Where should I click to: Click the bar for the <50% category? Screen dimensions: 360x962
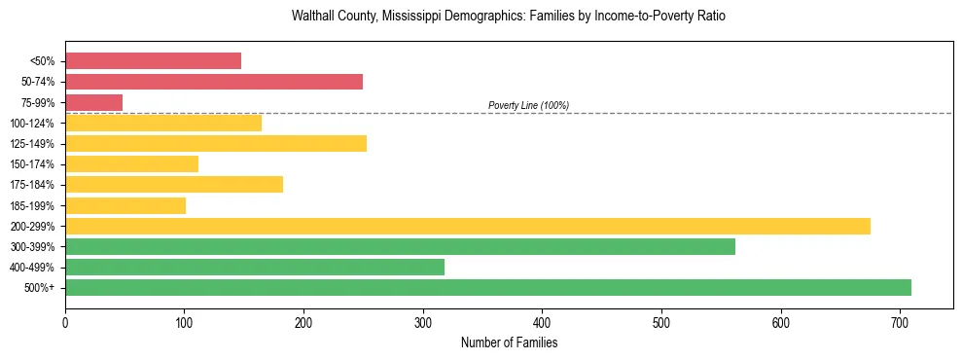[x=153, y=61]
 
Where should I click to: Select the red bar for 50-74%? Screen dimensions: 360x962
[x=214, y=82]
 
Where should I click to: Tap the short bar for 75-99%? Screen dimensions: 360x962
[x=93, y=102]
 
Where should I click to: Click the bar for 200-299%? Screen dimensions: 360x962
[x=468, y=227]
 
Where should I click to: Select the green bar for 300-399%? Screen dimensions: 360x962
[x=400, y=247]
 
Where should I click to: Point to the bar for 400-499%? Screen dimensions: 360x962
[x=255, y=268]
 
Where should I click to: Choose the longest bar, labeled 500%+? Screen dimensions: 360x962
[x=488, y=288]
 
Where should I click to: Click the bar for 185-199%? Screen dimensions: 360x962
[x=125, y=206]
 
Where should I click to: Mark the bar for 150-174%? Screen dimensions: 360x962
[x=131, y=164]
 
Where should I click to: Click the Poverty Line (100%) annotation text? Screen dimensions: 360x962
[x=528, y=105]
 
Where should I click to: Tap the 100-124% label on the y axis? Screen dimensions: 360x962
[x=32, y=124]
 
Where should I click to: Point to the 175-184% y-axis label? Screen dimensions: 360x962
[x=32, y=185]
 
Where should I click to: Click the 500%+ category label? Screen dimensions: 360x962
[x=39, y=288]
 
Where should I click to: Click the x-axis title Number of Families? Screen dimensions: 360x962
[x=509, y=342]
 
